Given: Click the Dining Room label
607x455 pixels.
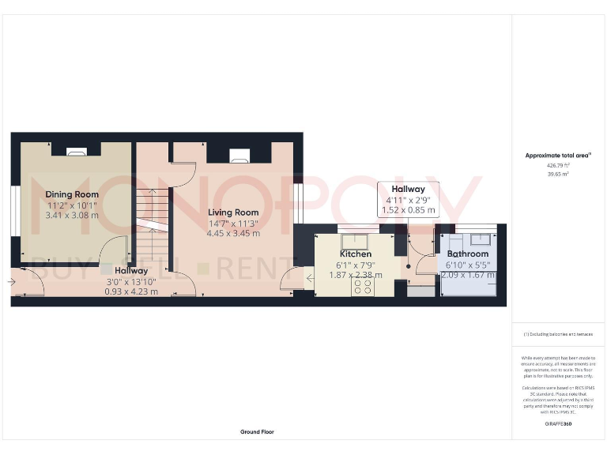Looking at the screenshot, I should [72, 194].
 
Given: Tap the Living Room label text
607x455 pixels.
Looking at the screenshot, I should [233, 212].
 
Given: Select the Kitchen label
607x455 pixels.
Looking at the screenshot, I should [356, 254].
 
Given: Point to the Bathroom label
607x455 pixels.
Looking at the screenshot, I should [468, 254].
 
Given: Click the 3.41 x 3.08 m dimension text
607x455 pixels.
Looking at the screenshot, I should [72, 215].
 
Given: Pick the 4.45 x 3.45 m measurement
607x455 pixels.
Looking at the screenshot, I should [233, 233].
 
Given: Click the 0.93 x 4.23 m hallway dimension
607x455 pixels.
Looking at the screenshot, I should [131, 291].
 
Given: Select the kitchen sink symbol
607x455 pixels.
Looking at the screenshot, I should [349, 238].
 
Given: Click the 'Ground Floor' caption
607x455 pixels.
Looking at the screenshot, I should [258, 432].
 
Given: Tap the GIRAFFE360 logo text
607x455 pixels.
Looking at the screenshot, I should [559, 425].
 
